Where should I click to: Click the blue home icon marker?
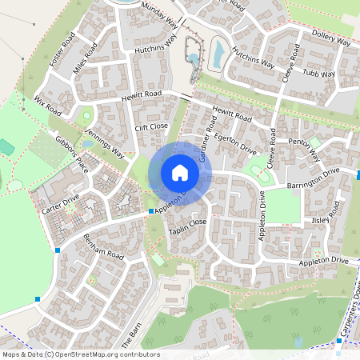(x=180, y=173)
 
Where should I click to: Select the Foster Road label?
(x=62, y=50)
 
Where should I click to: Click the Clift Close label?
(x=151, y=126)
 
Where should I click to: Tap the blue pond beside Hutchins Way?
(x=218, y=53)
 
